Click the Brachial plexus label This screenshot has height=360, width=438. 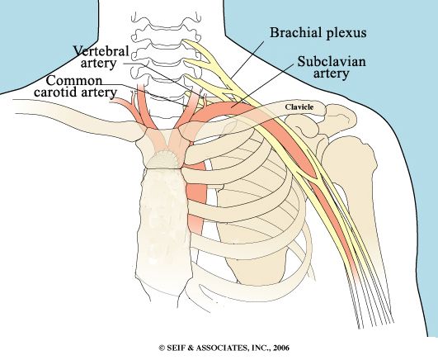pyautogui.click(x=318, y=33)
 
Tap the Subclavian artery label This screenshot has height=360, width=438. pyautogui.click(x=332, y=68)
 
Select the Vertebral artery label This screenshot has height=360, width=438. pyautogui.click(x=101, y=57)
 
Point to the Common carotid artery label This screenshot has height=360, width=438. pyautogui.click(x=75, y=87)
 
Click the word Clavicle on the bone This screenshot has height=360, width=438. pyautogui.click(x=299, y=107)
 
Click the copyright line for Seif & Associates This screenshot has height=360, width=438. pyautogui.click(x=224, y=348)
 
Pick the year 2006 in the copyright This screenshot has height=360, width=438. pyautogui.click(x=281, y=348)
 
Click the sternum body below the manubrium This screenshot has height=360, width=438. pyautogui.click(x=164, y=224)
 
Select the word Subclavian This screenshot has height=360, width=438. pyautogui.click(x=332, y=61)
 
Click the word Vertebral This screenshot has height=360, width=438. pyautogui.click(x=101, y=51)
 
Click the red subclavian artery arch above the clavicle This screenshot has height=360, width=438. pyautogui.click(x=221, y=108)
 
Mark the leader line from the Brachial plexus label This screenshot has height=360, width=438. pyautogui.click(x=247, y=59)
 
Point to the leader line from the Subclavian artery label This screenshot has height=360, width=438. pyautogui.click(x=263, y=85)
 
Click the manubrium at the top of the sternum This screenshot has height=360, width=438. pyautogui.click(x=163, y=149)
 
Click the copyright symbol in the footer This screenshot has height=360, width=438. pyautogui.click(x=162, y=348)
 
